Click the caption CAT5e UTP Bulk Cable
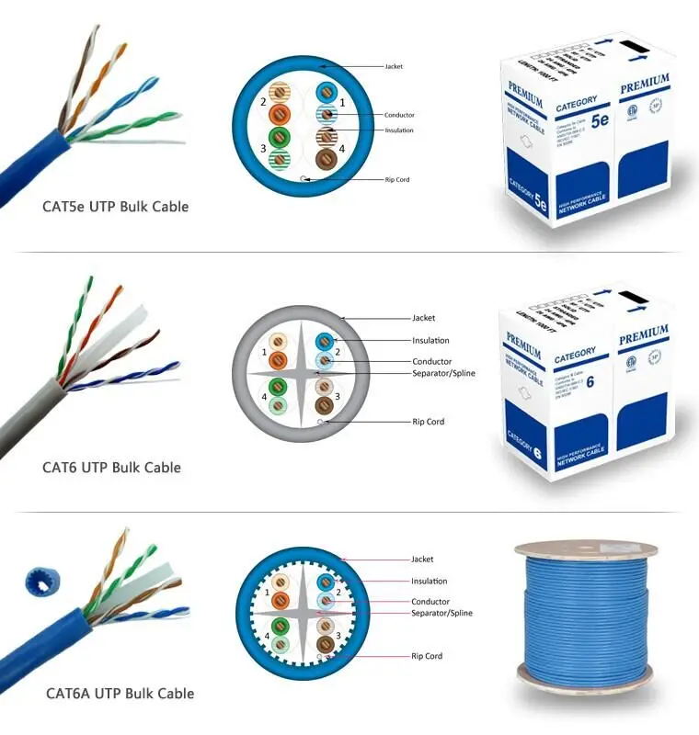[x=115, y=207]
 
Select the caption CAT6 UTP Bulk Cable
[x=111, y=468]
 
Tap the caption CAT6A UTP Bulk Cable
[x=120, y=693]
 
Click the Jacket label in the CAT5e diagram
[x=394, y=66]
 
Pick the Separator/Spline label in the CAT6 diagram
[x=443, y=374]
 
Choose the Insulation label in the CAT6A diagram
[x=430, y=581]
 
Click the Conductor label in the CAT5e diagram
[x=399, y=115]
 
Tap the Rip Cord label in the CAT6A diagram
[x=427, y=656]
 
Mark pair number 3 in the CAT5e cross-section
[x=263, y=148]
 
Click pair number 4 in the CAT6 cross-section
[x=264, y=396]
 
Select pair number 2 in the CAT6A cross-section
[x=338, y=593]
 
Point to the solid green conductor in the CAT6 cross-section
[x=278, y=386]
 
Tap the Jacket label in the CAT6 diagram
[x=423, y=318]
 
